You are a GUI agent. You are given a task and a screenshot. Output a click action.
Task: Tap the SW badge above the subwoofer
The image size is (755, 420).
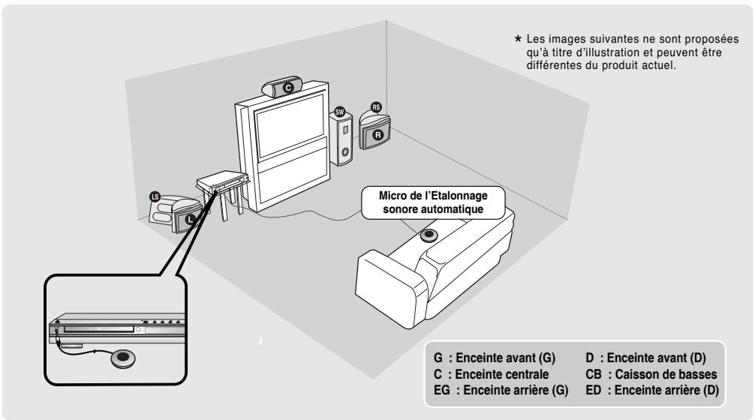(338, 111)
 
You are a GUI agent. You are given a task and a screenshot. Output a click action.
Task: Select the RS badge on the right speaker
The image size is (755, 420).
(376, 107)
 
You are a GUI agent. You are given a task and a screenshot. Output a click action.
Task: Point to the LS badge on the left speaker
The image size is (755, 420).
(156, 196)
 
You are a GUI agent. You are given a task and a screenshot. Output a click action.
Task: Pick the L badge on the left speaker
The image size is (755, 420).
(189, 219)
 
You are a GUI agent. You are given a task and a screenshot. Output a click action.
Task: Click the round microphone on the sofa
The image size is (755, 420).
(428, 235)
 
